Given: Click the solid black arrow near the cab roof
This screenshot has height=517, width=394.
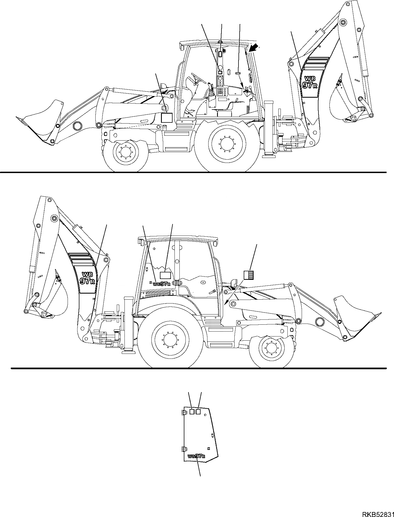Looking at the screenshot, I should pyautogui.click(x=254, y=48).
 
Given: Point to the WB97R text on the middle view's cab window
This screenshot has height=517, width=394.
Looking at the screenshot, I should pyautogui.click(x=162, y=284).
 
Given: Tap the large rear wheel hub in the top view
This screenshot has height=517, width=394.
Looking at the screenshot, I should pyautogui.click(x=227, y=144).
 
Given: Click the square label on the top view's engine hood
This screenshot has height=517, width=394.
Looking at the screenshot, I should pyautogui.click(x=166, y=117).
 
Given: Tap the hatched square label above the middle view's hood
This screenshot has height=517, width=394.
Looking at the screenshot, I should pyautogui.click(x=249, y=275).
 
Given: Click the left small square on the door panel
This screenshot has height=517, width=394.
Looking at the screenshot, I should pyautogui.click(x=192, y=419).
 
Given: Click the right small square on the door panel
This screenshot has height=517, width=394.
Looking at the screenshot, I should pyautogui.click(x=198, y=419).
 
